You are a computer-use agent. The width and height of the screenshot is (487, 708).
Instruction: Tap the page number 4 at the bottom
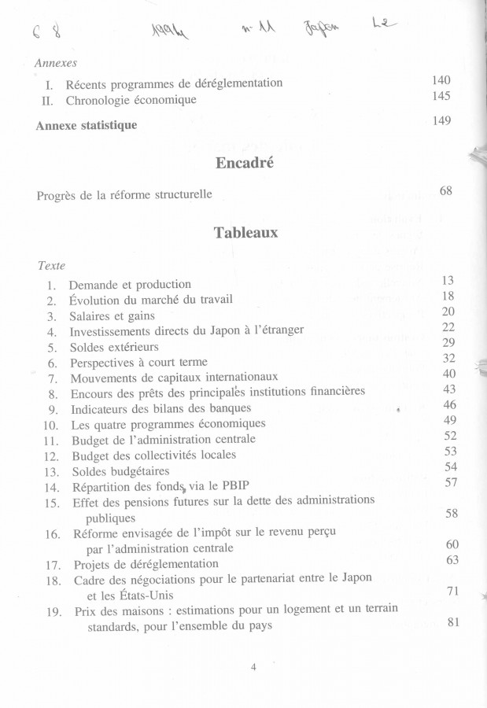tap(253, 667)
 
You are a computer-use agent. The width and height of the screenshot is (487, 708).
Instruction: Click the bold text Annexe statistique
tap(87, 125)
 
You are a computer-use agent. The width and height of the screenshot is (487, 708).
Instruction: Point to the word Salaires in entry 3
tap(92, 315)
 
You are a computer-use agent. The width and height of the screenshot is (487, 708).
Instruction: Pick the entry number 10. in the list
tap(52, 425)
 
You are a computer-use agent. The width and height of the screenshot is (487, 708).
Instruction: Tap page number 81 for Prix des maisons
tap(452, 624)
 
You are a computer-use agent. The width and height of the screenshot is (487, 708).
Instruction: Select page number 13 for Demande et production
tap(450, 280)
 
